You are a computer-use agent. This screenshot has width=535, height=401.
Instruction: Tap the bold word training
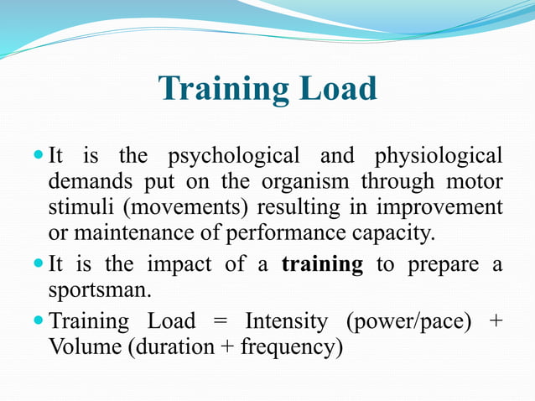tap(322, 265)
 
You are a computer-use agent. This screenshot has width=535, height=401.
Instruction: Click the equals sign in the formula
tap(220, 321)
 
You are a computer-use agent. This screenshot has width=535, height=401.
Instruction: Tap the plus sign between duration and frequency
tap(227, 346)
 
